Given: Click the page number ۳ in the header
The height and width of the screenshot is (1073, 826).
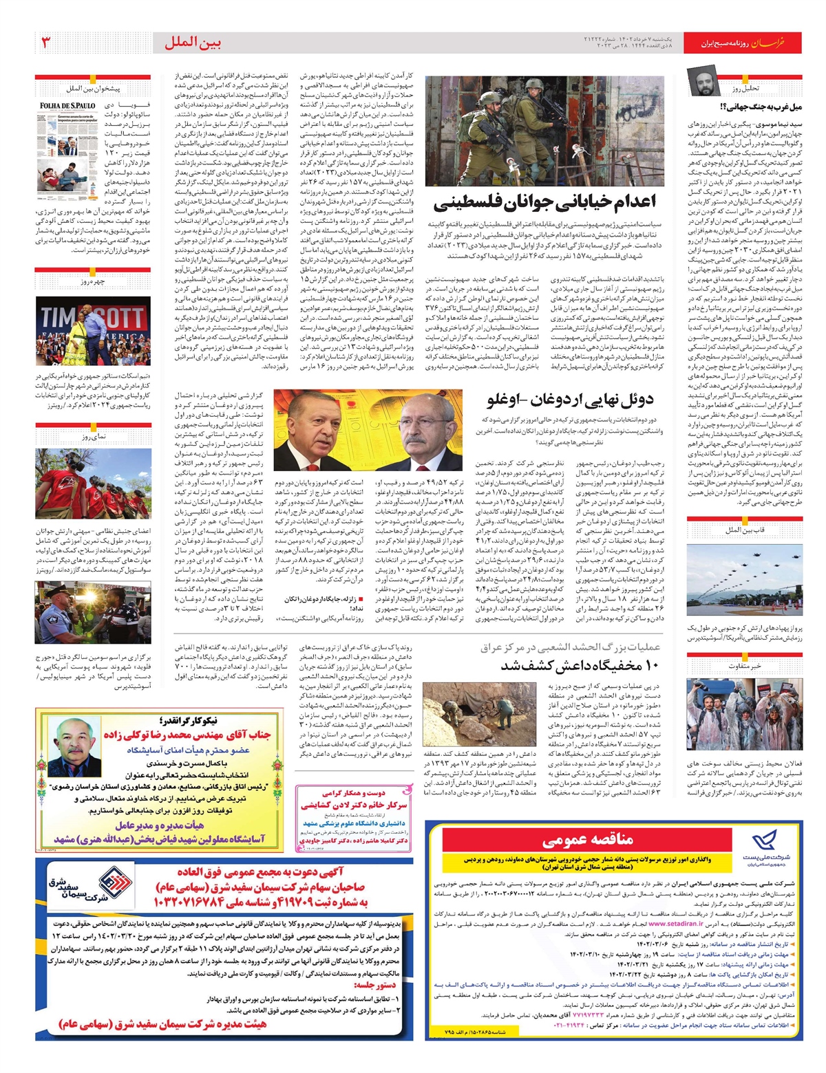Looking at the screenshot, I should [x=47, y=43].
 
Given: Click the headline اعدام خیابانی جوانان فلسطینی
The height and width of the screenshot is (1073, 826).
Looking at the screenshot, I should [x=544, y=202].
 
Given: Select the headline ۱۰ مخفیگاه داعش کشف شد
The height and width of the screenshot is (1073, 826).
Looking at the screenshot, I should [x=580, y=665].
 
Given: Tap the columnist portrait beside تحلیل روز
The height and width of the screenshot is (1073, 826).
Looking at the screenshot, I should [x=705, y=84].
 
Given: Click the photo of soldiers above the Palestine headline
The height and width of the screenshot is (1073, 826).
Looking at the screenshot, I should [x=544, y=131].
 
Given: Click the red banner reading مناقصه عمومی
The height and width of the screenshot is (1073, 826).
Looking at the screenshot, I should [x=587, y=840].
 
